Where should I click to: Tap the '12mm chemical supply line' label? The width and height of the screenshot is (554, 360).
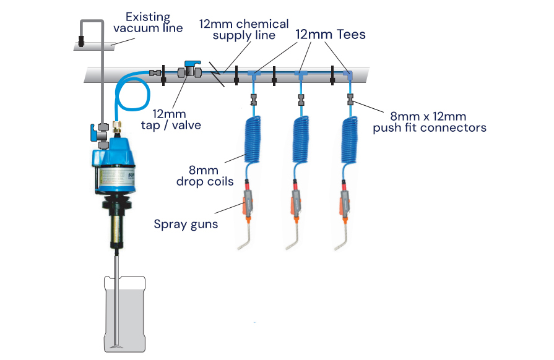coord(243,30)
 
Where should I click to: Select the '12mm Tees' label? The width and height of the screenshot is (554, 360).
coord(330,35)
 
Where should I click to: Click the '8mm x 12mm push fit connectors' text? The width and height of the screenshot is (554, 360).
coord(429,122)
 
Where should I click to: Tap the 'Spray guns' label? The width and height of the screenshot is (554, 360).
coord(186,224)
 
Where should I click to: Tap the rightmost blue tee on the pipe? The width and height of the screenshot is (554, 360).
coord(349,75)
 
